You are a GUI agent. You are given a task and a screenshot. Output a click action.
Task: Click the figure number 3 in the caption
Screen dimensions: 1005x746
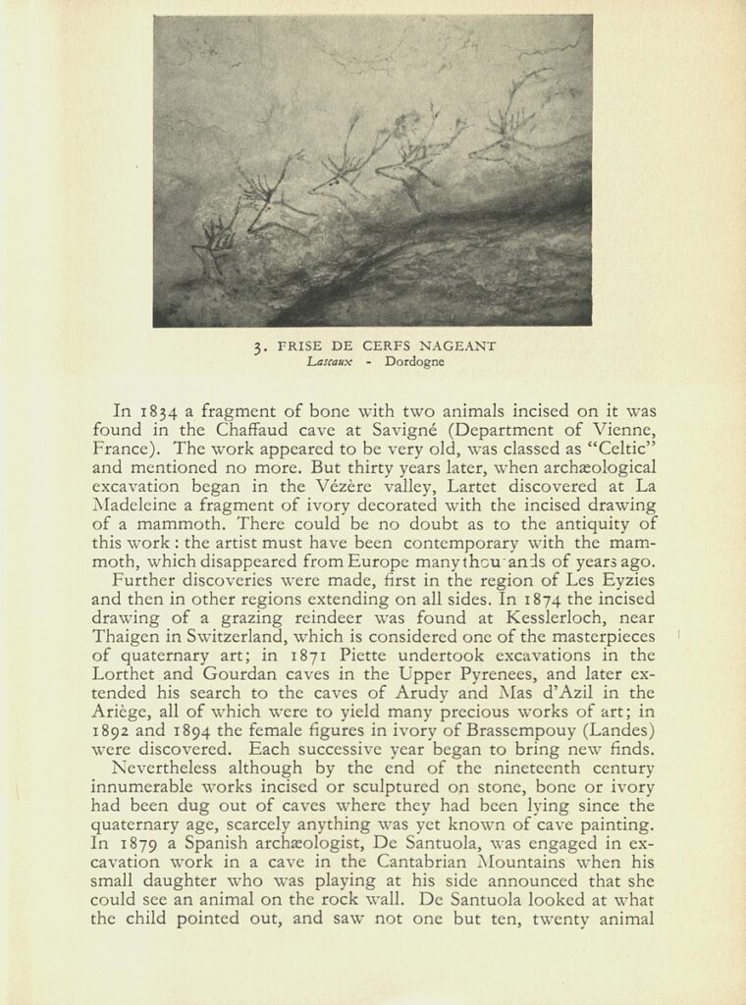(x=256, y=345)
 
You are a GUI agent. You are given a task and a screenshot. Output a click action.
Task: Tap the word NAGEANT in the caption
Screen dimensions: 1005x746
(x=458, y=345)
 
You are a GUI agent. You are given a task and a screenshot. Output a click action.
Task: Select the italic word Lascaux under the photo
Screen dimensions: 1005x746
(x=329, y=361)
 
